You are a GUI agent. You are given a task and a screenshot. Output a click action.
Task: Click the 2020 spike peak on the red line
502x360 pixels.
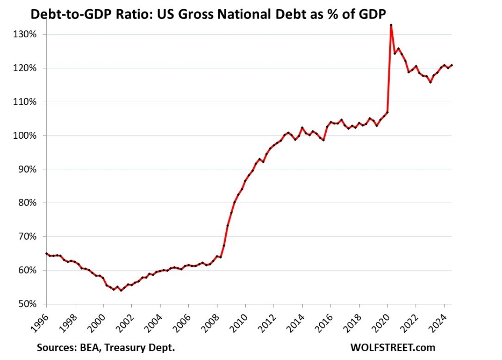(391, 25)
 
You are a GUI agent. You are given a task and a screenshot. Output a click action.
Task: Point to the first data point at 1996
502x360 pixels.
(47, 253)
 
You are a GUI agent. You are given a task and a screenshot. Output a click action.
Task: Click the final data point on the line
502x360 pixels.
(452, 65)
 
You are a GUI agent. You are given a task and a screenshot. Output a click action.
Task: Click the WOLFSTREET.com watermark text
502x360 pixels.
(392, 347)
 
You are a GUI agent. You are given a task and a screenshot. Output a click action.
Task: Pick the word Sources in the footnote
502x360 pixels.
(53, 348)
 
